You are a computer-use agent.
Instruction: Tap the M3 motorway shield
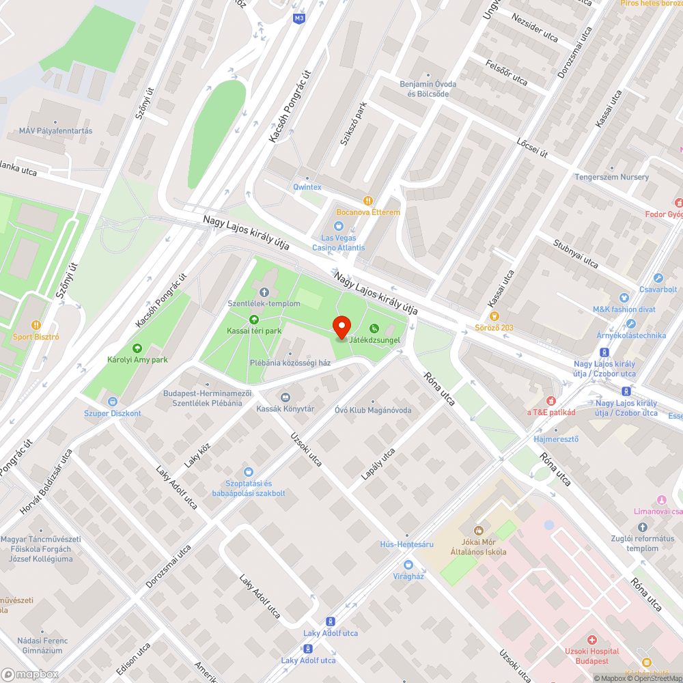tap(298, 18)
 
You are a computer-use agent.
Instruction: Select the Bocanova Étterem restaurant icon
tap(368, 201)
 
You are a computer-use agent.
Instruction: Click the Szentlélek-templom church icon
tap(264, 292)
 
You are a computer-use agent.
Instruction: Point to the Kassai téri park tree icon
tap(254, 320)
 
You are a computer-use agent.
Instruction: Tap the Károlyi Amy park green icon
tap(137, 348)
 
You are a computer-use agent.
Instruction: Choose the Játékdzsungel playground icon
tap(374, 328)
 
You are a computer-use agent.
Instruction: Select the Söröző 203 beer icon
tap(494, 316)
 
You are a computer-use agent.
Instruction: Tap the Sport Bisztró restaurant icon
tap(36, 325)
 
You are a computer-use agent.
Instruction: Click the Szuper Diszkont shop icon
tap(112, 402)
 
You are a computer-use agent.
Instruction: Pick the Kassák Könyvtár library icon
tap(285, 397)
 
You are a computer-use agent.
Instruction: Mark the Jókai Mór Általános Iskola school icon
tap(478, 530)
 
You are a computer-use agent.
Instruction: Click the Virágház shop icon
tap(408, 564)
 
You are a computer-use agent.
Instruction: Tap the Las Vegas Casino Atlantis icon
tap(338, 226)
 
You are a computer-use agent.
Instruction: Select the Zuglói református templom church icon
tap(642, 527)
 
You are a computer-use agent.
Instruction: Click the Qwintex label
tap(307, 187)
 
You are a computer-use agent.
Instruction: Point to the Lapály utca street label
tap(378, 463)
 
